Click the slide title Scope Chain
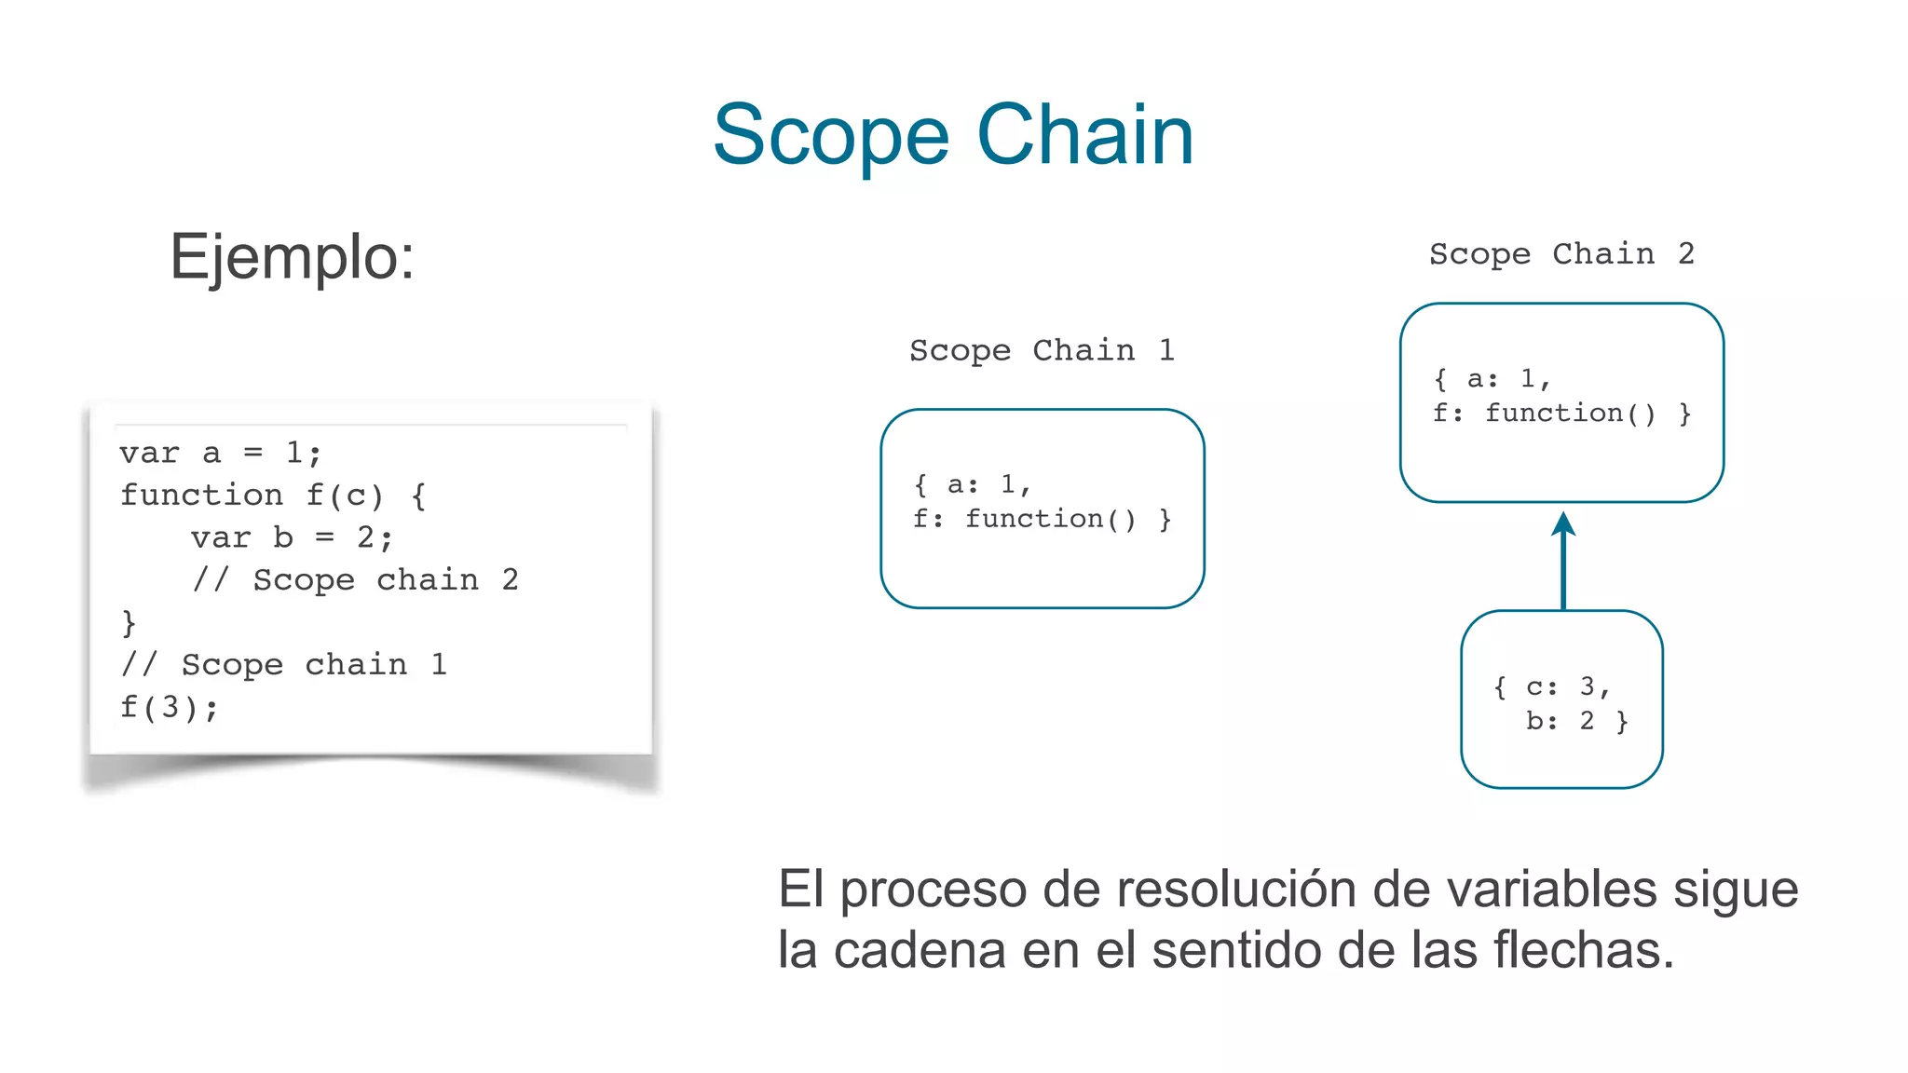click(x=952, y=135)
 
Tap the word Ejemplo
click(x=291, y=257)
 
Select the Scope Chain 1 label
click(x=1041, y=350)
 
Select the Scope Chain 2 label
click(x=1560, y=253)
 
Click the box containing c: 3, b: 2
click(x=1561, y=699)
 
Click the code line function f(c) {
click(x=272, y=495)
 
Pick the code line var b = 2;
click(x=292, y=537)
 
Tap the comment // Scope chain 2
click(x=354, y=579)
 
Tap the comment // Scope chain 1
click(x=283, y=664)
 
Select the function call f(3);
click(x=169, y=707)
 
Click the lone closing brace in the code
click(x=129, y=622)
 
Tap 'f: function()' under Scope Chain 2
click(x=1544, y=413)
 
